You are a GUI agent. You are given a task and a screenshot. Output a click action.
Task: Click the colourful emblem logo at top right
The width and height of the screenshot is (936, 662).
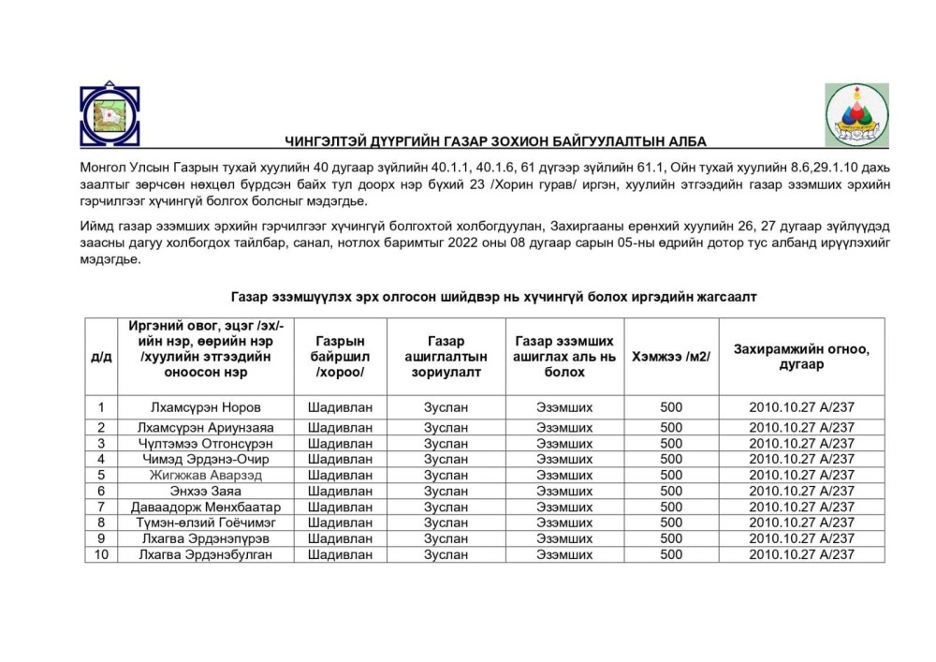[856, 114]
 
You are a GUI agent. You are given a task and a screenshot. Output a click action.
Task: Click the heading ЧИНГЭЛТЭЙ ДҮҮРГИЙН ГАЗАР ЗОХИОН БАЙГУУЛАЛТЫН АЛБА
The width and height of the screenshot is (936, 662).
[496, 141]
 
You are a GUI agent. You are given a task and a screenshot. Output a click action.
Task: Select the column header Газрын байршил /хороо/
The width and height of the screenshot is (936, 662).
[340, 357]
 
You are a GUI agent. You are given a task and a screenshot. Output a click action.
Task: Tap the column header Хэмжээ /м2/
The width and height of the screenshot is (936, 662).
[671, 357]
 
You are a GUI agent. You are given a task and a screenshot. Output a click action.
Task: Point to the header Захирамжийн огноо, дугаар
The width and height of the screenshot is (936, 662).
[801, 357]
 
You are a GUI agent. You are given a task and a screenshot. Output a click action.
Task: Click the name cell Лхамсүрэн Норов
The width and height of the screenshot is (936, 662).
[206, 407]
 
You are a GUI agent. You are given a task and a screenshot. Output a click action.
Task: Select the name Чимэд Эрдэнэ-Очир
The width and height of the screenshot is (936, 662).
[206, 459]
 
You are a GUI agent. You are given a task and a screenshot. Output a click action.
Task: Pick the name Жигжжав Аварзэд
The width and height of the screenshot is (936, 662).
[206, 475]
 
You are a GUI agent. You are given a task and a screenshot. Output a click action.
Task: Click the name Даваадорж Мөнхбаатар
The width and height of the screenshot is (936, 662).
[206, 507]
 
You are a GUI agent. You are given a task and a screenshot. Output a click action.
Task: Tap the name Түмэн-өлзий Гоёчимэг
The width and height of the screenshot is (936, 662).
[206, 522]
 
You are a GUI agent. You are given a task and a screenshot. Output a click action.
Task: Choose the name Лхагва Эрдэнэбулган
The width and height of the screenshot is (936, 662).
[206, 554]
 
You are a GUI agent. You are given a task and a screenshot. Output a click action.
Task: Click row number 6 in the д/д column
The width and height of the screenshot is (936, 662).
[100, 491]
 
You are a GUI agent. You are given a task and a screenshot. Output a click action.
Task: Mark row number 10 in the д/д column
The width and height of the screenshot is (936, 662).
[100, 554]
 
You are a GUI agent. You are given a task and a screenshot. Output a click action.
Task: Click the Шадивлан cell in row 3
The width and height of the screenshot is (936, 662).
[340, 443]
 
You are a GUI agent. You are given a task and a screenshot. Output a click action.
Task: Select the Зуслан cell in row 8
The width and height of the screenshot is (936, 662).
[446, 522]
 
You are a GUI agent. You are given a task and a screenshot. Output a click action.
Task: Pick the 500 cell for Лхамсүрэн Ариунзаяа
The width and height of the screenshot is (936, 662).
[671, 428]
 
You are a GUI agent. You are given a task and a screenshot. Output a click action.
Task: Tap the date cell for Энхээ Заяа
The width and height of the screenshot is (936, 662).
[801, 491]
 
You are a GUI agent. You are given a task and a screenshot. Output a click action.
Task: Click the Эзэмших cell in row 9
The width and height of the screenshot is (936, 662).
[564, 538]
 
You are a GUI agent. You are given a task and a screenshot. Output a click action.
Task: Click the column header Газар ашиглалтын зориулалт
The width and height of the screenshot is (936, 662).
[446, 357]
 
